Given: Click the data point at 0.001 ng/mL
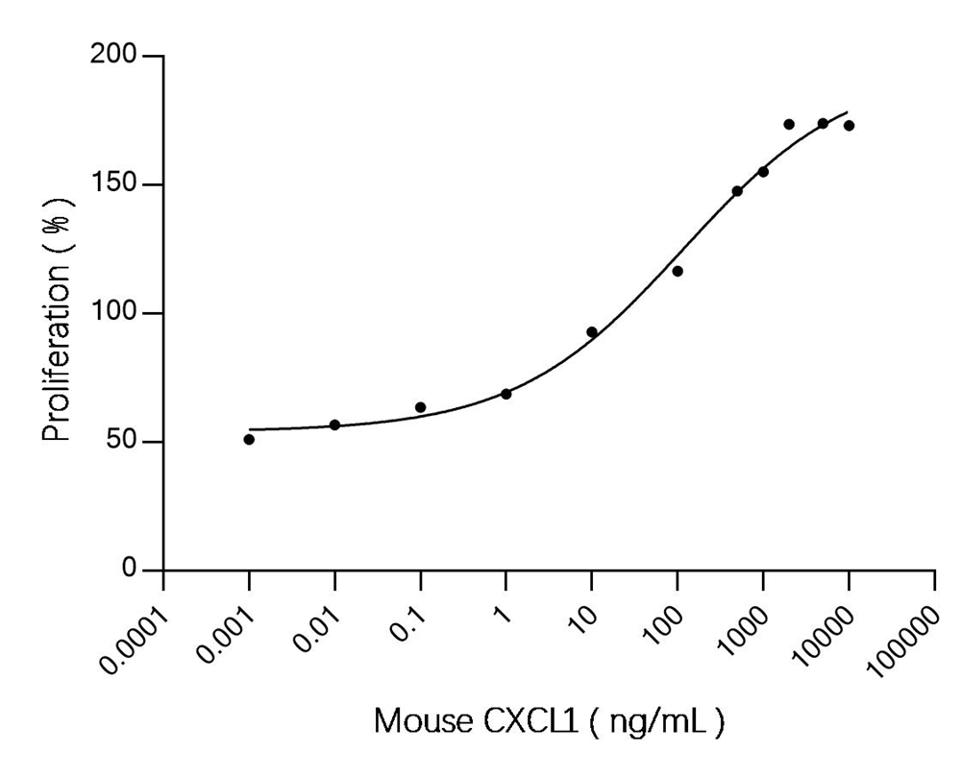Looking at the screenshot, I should (249, 439).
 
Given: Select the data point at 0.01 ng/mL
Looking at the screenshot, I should (334, 424).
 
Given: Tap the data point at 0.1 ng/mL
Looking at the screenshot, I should (420, 407).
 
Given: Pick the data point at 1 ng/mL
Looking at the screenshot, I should (505, 394).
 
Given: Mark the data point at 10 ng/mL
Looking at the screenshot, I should (592, 332).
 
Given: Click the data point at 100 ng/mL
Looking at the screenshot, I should (678, 271).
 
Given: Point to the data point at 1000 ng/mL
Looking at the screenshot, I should (763, 172).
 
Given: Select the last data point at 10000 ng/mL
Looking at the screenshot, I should (849, 126).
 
